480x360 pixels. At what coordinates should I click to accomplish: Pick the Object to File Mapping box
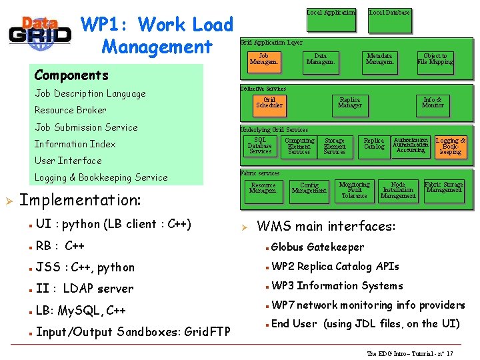[x=435, y=60]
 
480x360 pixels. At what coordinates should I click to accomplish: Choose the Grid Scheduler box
[x=269, y=102]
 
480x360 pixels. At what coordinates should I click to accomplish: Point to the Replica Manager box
[x=349, y=102]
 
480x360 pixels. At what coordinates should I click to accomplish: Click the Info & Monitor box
[x=433, y=102]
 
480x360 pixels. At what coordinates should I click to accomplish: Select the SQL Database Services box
[x=260, y=146]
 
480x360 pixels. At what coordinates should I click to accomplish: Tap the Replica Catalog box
[x=374, y=144]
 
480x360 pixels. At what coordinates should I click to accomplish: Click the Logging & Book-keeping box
[x=451, y=146]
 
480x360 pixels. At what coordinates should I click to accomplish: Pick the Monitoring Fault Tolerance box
[x=354, y=190]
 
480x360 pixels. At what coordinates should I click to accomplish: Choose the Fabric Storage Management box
[x=444, y=187]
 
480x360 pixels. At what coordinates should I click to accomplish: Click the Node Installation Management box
[x=398, y=190]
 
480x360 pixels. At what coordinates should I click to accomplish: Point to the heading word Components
[x=71, y=75]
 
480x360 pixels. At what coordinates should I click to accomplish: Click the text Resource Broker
[x=71, y=110]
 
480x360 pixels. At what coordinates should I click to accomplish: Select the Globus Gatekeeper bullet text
[x=318, y=247]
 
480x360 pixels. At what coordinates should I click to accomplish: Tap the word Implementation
[x=80, y=200]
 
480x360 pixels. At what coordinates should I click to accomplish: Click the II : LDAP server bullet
[x=85, y=289]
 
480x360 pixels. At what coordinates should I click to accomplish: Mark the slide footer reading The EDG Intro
[x=410, y=353]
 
